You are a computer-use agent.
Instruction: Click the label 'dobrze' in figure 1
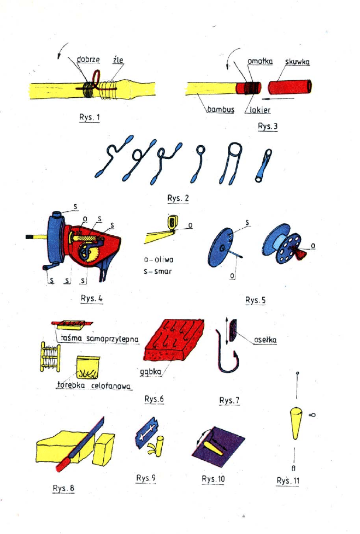click(x=88, y=60)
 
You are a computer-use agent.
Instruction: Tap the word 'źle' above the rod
click(x=117, y=60)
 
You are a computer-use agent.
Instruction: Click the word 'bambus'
click(x=220, y=110)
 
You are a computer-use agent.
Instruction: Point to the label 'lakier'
click(x=260, y=110)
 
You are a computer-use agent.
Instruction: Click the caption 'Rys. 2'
click(x=178, y=199)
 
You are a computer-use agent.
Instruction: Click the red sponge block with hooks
click(x=173, y=341)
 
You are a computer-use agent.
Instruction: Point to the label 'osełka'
click(x=265, y=340)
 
